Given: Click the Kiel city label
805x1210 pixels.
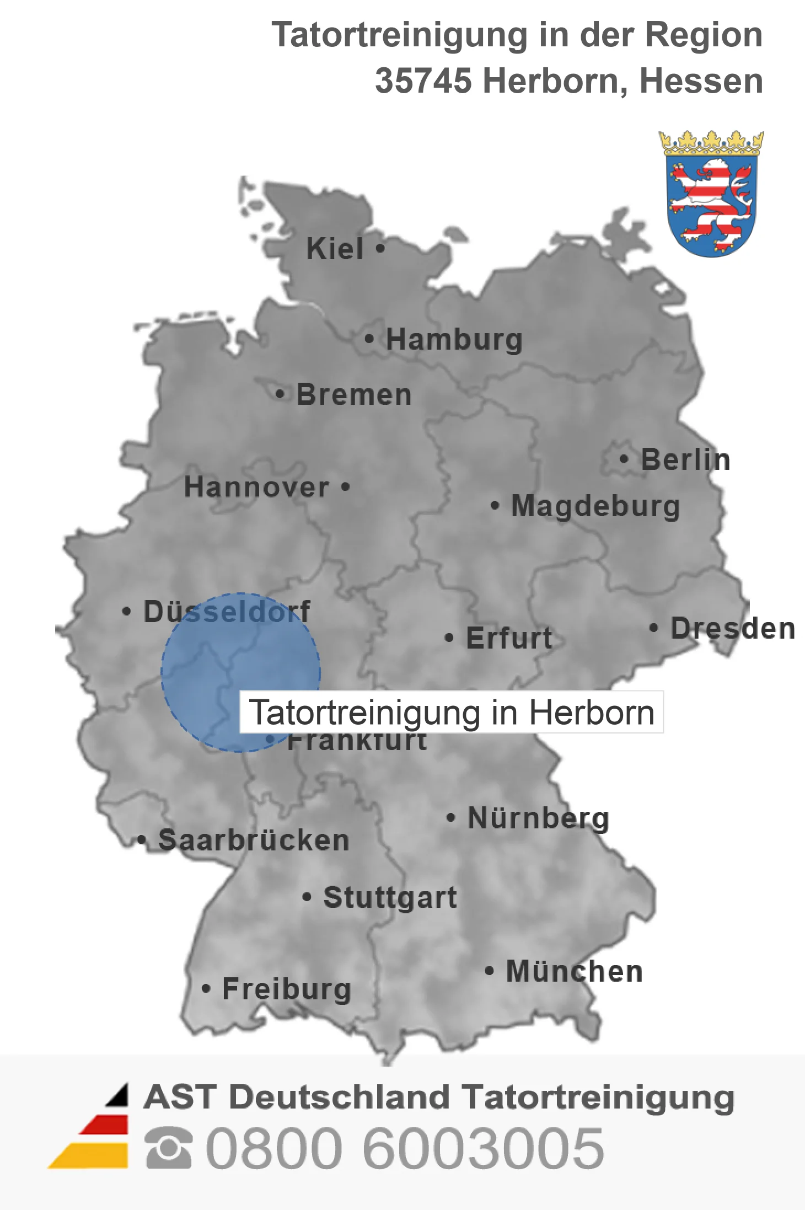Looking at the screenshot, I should tap(335, 249).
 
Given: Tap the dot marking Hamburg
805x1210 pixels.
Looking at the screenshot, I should tap(369, 339).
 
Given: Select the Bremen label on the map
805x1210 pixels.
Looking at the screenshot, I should tap(354, 395).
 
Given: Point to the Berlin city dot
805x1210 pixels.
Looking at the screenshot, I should tap(624, 459).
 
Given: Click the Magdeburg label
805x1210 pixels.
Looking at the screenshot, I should tap(595, 506).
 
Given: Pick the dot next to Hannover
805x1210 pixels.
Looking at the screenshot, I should tap(346, 486).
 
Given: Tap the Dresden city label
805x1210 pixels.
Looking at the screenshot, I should tap(733, 629).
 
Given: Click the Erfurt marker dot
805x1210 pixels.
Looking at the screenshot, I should tap(449, 638).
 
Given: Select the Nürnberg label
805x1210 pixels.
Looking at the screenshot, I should tap(538, 818).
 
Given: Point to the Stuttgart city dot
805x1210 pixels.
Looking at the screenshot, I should tap(307, 897).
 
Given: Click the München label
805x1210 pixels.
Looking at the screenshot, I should tap(575, 972).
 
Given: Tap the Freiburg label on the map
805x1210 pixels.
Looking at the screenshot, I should tap(287, 989).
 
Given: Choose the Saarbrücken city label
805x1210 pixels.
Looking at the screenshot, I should tap(254, 840).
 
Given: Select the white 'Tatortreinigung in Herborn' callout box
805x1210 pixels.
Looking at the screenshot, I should tap(452, 712).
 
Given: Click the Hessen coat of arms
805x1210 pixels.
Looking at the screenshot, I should tap(711, 194).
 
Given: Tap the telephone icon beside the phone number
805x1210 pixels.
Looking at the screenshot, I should tap(169, 1148).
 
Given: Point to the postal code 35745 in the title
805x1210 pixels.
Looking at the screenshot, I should tap(423, 81).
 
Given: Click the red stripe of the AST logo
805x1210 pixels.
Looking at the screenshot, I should tap(105, 1125).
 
